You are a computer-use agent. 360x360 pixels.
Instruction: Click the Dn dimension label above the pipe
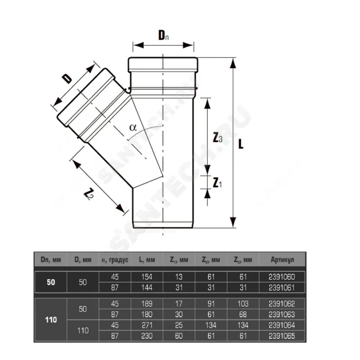[x=163, y=35]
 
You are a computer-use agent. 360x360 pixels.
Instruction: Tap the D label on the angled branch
[x=67, y=78]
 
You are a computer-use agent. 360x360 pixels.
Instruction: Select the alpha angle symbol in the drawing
[x=133, y=127]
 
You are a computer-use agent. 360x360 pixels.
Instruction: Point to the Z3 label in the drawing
[x=217, y=138]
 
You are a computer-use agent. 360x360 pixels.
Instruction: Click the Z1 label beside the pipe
[x=217, y=183]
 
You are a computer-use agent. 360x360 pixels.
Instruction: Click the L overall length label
[x=241, y=144]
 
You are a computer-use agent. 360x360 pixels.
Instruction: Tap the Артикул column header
[x=282, y=260]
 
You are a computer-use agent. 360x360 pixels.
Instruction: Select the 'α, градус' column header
[x=115, y=260]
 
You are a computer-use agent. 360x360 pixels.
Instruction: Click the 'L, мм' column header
[x=147, y=260]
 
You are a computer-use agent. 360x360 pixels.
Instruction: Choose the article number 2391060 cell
[x=282, y=277]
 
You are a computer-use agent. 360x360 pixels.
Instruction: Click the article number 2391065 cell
[x=282, y=336]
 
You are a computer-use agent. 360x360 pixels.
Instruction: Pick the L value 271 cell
[x=147, y=325]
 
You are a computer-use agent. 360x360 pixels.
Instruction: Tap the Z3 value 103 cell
[x=243, y=304]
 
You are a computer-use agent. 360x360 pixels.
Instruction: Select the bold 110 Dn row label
[x=51, y=319]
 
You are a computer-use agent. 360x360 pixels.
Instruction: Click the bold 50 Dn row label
[x=51, y=282]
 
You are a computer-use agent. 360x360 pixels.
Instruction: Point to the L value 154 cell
[x=147, y=277]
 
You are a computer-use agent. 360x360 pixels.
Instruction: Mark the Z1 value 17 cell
[x=179, y=304]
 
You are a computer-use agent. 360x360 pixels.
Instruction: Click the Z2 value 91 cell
[x=211, y=304]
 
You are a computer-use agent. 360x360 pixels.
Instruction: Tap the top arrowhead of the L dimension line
[x=233, y=63]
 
